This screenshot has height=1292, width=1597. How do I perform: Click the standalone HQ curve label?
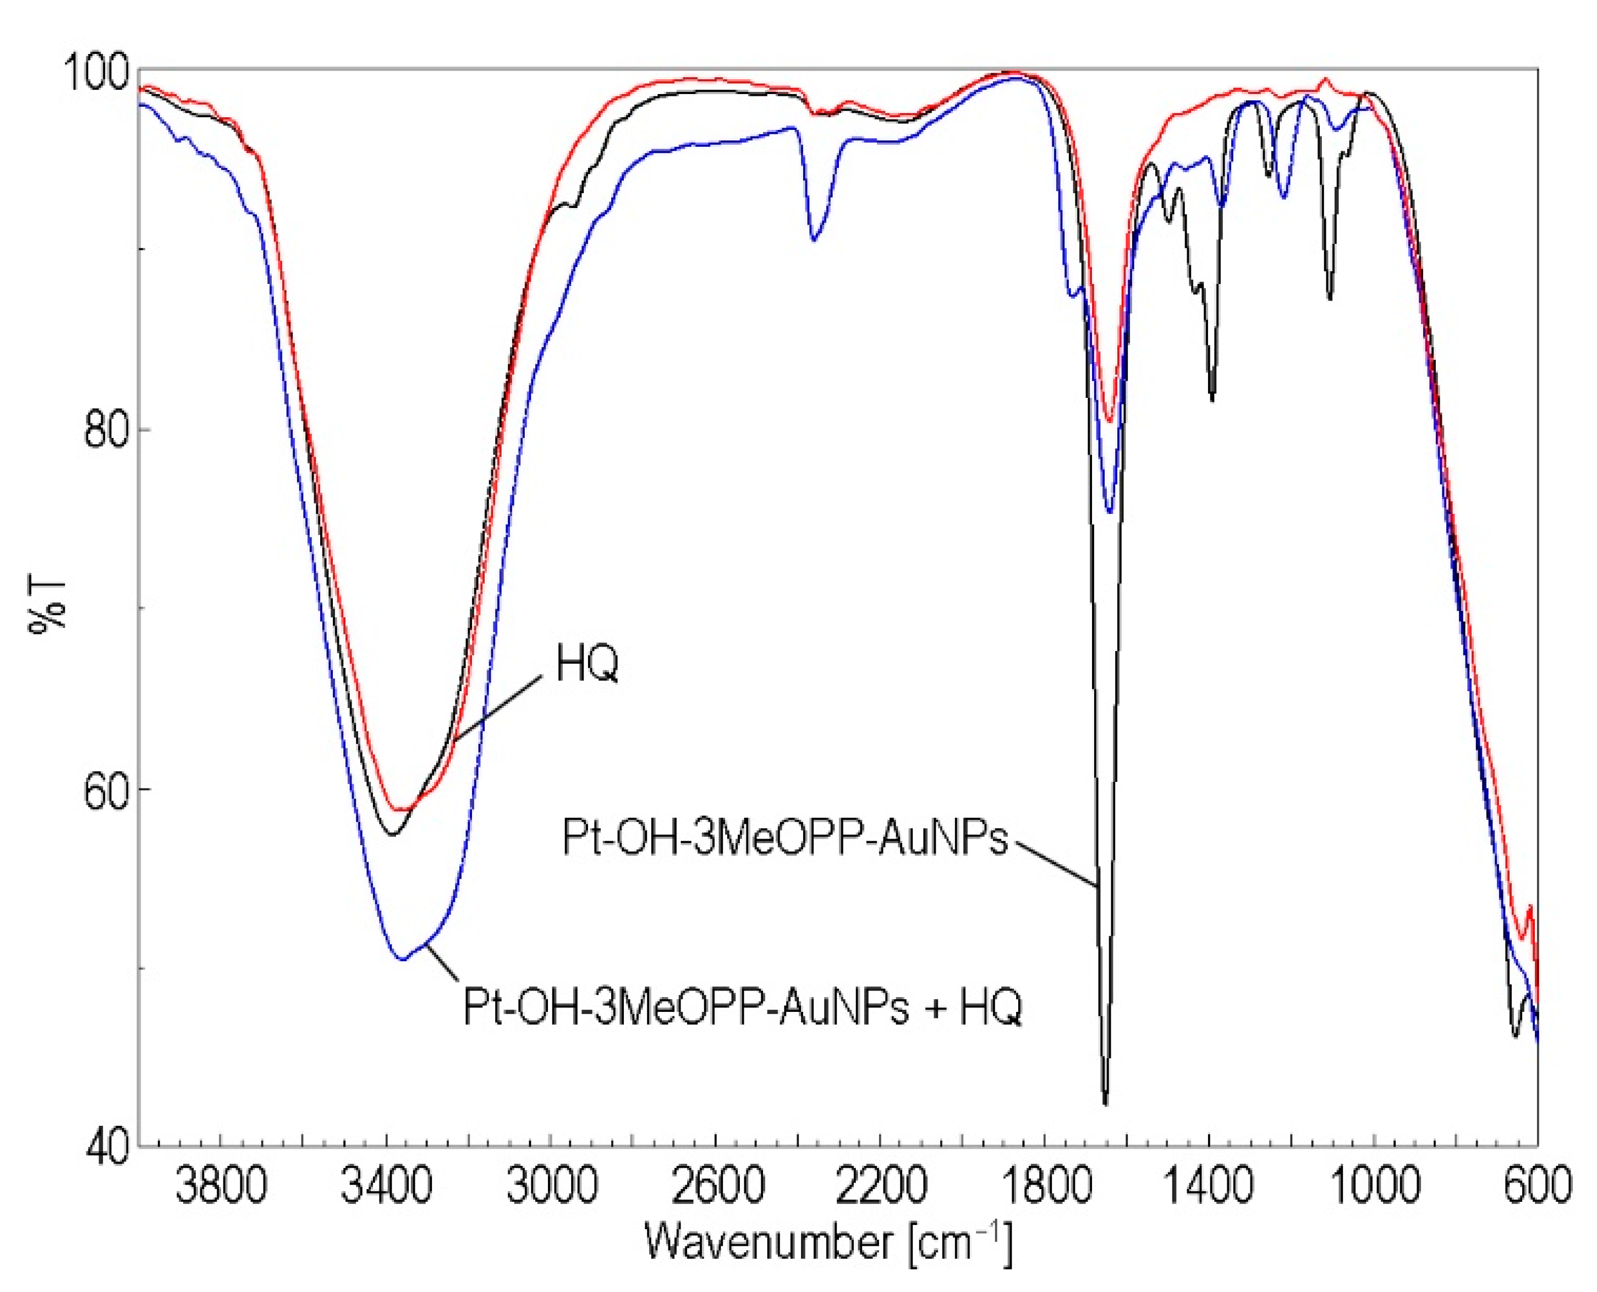(x=587, y=663)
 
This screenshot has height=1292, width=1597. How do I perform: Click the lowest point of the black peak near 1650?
(x=1105, y=1104)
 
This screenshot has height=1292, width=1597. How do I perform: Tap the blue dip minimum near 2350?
(x=814, y=240)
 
